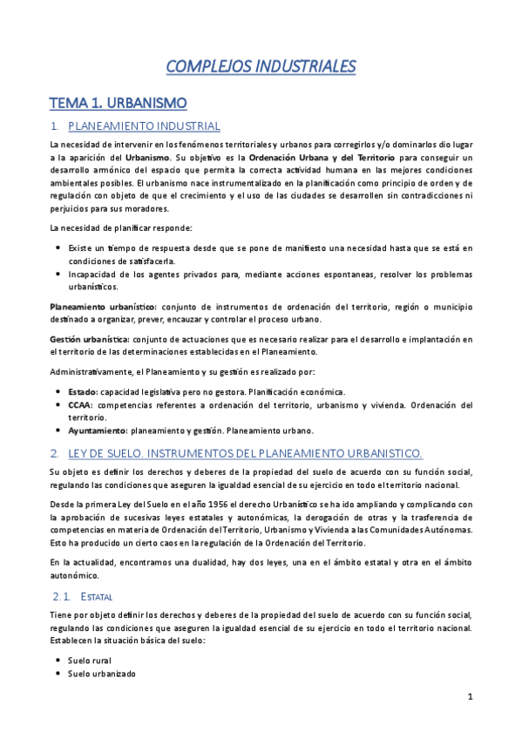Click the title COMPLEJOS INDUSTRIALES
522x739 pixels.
click(261, 66)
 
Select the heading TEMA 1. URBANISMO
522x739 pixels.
click(118, 103)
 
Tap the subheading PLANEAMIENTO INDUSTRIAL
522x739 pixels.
click(144, 127)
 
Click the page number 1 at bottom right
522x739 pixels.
click(470, 696)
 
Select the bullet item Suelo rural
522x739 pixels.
click(91, 661)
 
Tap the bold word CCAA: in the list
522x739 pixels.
click(81, 405)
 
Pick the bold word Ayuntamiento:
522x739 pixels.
click(97, 431)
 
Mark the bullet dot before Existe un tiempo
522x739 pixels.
click(58, 248)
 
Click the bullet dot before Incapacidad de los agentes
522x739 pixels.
click(58, 274)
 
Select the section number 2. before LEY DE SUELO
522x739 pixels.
click(54, 453)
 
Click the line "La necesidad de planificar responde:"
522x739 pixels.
click(120, 228)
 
